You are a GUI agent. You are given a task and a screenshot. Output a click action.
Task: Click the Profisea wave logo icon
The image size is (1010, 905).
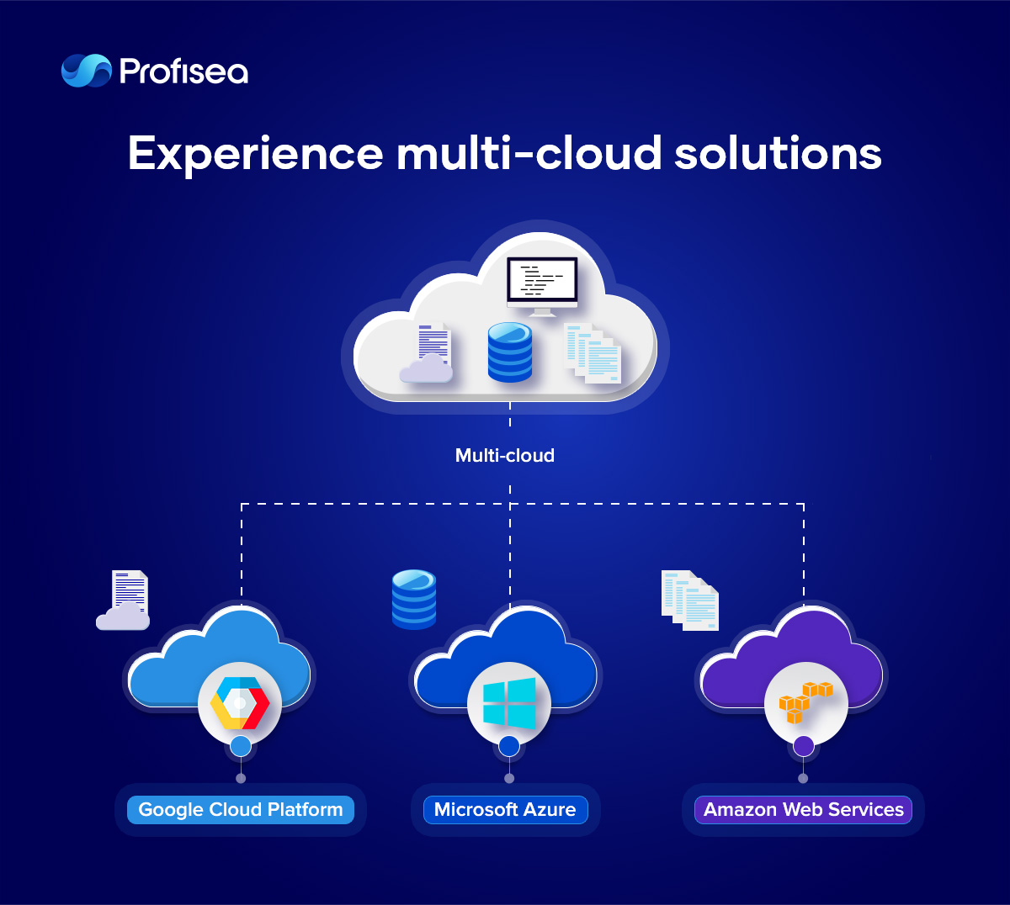(86, 71)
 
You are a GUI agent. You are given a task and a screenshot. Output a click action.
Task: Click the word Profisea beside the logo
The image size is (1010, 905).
(183, 71)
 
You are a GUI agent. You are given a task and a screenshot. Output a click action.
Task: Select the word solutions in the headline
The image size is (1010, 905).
(778, 152)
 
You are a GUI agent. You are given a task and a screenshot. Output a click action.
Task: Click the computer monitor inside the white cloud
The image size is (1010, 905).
(542, 286)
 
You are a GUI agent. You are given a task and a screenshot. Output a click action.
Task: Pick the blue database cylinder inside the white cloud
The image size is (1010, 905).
(509, 352)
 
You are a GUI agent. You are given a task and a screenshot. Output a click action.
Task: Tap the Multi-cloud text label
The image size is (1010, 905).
(504, 456)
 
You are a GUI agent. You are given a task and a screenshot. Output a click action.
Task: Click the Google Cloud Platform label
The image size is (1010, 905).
(241, 810)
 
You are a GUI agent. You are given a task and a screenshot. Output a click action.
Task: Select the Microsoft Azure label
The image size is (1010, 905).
(505, 810)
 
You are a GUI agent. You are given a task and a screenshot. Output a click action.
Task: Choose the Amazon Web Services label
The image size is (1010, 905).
(803, 810)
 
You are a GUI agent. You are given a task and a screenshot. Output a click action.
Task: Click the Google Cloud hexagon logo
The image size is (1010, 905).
(240, 702)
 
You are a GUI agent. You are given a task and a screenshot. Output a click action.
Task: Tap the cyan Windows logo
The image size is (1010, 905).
(509, 703)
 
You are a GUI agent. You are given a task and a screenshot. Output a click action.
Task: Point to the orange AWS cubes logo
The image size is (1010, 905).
(805, 702)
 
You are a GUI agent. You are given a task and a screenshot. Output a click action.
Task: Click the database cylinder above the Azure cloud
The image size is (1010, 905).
(414, 599)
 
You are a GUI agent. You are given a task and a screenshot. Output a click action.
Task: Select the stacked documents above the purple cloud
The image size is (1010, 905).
(690, 601)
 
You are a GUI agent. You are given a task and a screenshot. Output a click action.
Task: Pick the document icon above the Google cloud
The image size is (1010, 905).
(123, 601)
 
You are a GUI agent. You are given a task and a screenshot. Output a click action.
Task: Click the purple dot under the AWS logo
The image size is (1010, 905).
(803, 747)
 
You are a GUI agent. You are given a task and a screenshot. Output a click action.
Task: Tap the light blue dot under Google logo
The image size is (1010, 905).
(241, 747)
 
